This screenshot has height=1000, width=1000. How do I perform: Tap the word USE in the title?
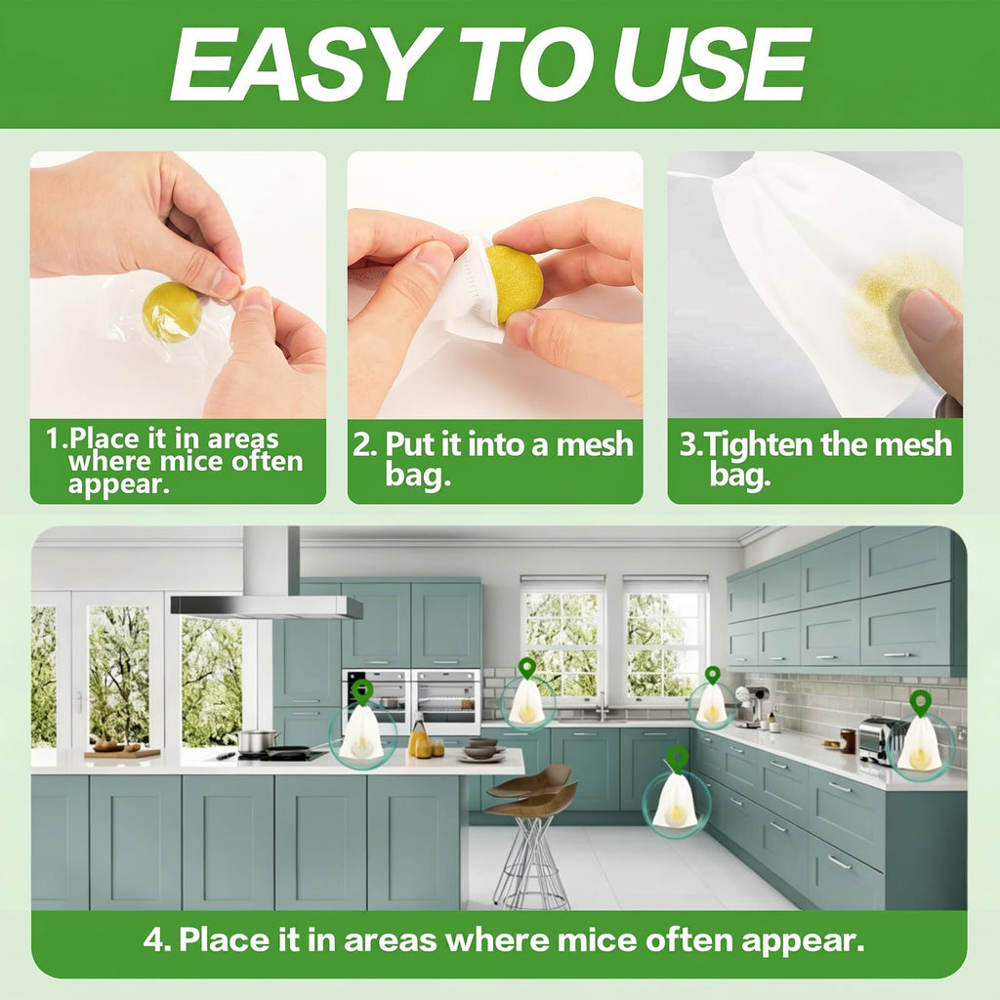point(711,64)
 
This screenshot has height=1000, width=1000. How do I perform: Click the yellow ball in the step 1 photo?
point(171,312)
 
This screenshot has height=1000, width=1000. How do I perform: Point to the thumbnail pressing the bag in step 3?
point(924,315)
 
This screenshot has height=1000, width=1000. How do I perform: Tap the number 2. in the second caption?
point(365,444)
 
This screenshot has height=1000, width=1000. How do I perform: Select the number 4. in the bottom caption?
point(157,939)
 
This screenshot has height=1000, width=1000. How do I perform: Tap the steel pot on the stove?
point(257,740)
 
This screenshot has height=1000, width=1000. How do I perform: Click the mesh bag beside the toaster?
point(919,743)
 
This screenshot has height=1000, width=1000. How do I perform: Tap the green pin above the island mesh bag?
point(361,691)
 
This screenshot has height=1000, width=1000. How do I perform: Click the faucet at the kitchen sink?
point(602,707)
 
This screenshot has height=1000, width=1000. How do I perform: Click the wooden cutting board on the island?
point(122,753)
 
